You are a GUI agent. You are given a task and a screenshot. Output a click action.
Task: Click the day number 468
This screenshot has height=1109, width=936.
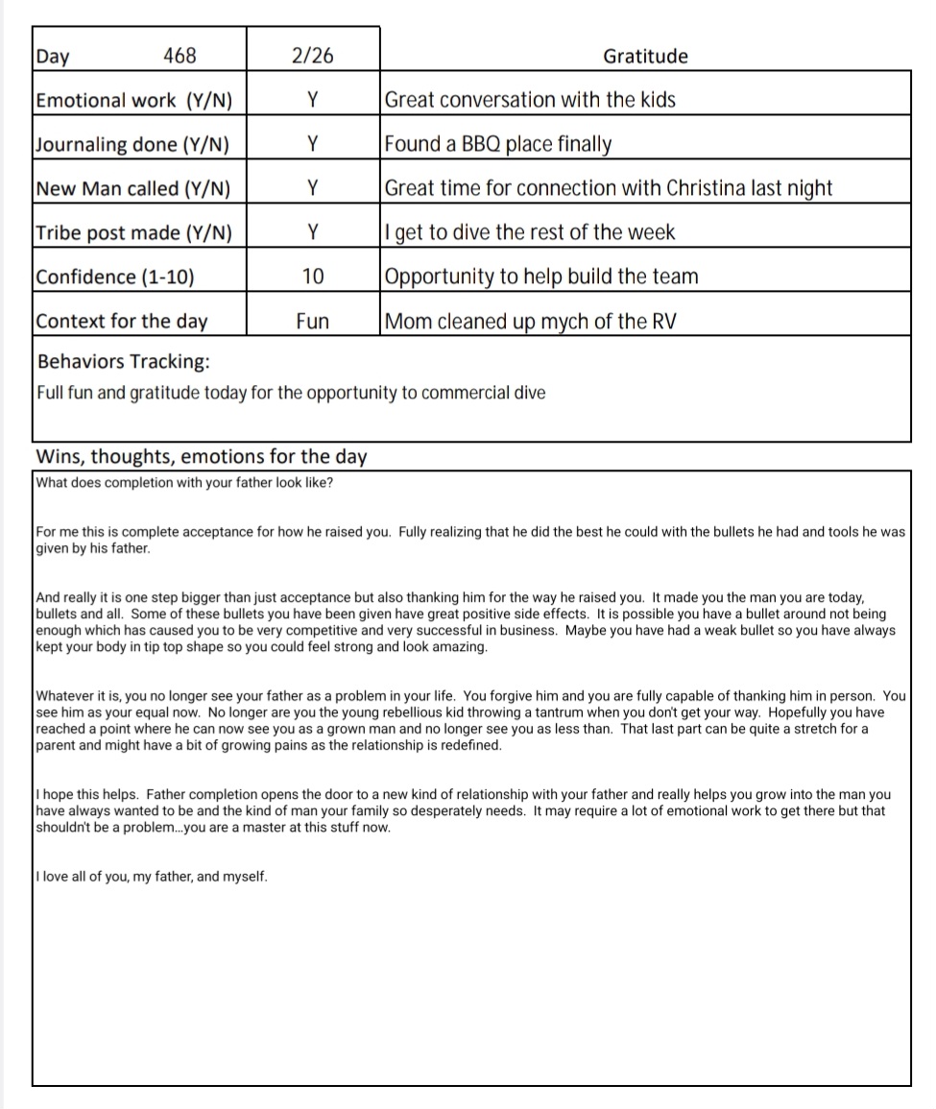[180, 56]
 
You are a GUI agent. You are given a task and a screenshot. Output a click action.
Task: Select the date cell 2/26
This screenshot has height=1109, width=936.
[312, 56]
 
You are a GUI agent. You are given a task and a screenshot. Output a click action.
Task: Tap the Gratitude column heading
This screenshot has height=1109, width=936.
[645, 56]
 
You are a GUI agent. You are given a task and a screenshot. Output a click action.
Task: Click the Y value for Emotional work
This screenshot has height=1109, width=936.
[312, 100]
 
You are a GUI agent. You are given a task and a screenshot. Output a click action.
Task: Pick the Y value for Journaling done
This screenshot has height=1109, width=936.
[312, 144]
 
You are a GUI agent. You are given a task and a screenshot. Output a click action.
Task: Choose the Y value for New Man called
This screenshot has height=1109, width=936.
[312, 188]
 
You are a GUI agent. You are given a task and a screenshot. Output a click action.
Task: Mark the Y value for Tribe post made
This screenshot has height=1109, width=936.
[312, 232]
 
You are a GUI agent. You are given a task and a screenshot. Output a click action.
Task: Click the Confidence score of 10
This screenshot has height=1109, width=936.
[312, 277]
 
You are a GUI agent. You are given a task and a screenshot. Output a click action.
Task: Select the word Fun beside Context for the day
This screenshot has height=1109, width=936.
[312, 321]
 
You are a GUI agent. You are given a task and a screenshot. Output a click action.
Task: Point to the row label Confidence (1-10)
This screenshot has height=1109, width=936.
[114, 277]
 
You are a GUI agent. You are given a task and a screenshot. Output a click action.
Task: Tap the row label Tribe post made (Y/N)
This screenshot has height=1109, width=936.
[133, 232]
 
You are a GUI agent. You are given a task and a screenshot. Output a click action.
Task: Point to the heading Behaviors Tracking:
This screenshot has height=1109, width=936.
[123, 361]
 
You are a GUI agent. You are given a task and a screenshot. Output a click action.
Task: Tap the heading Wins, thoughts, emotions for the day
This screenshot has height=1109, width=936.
[201, 455]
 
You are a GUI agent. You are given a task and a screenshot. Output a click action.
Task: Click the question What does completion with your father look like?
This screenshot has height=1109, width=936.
[184, 482]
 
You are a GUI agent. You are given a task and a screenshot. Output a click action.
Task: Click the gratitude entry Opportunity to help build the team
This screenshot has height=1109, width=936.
[540, 277]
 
